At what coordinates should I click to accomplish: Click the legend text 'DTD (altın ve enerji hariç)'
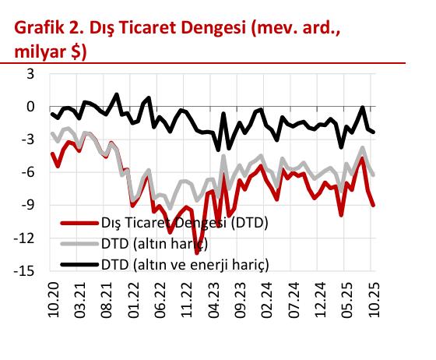coord(184,263)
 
